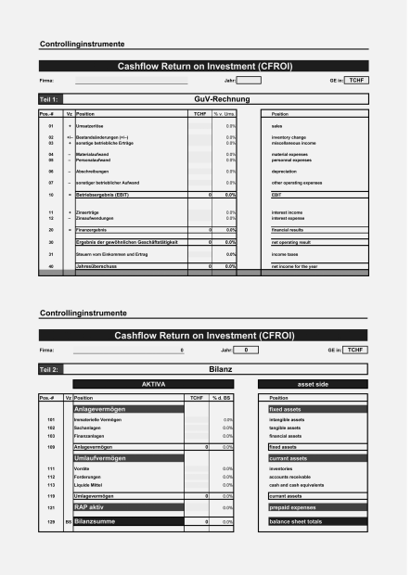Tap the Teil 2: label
(x=51, y=369)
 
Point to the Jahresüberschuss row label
(x=98, y=267)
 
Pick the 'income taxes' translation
(x=284, y=253)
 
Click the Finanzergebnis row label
(x=95, y=228)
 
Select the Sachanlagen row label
(x=89, y=428)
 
